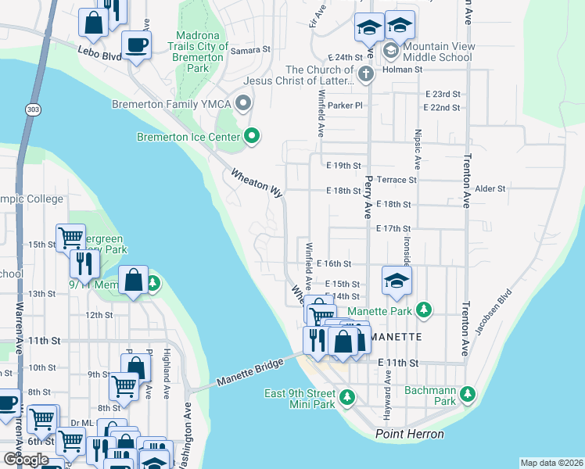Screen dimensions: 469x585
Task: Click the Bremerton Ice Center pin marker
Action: click(251, 137)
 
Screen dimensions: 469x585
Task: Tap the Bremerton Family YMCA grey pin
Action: click(243, 103)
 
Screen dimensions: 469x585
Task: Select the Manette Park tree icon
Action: click(423, 310)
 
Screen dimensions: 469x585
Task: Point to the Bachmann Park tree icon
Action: click(468, 392)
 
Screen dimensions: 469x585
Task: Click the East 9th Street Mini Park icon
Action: click(346, 399)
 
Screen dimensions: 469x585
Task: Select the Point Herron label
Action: click(410, 434)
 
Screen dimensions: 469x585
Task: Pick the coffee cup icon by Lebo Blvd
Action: click(136, 46)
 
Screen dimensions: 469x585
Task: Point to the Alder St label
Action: click(490, 188)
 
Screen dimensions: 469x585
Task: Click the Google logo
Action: click(26, 460)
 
